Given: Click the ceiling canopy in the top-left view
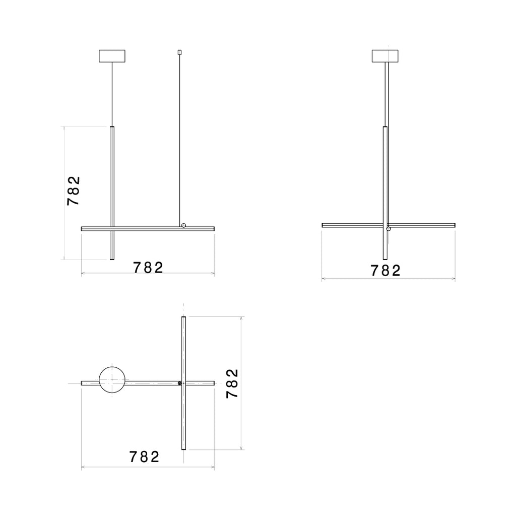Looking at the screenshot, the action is point(112,56).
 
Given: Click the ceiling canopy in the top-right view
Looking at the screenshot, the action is point(385,56).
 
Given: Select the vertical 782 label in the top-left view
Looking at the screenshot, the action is point(74,191).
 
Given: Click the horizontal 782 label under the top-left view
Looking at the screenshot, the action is point(148,268).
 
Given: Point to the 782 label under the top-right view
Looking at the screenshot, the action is point(385,271).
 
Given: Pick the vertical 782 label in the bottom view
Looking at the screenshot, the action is point(232,383).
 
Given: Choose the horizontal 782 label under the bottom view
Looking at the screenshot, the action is point(144,457).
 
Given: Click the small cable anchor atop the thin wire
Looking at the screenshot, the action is point(180,52).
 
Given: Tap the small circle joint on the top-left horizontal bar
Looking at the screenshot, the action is point(183,225).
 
